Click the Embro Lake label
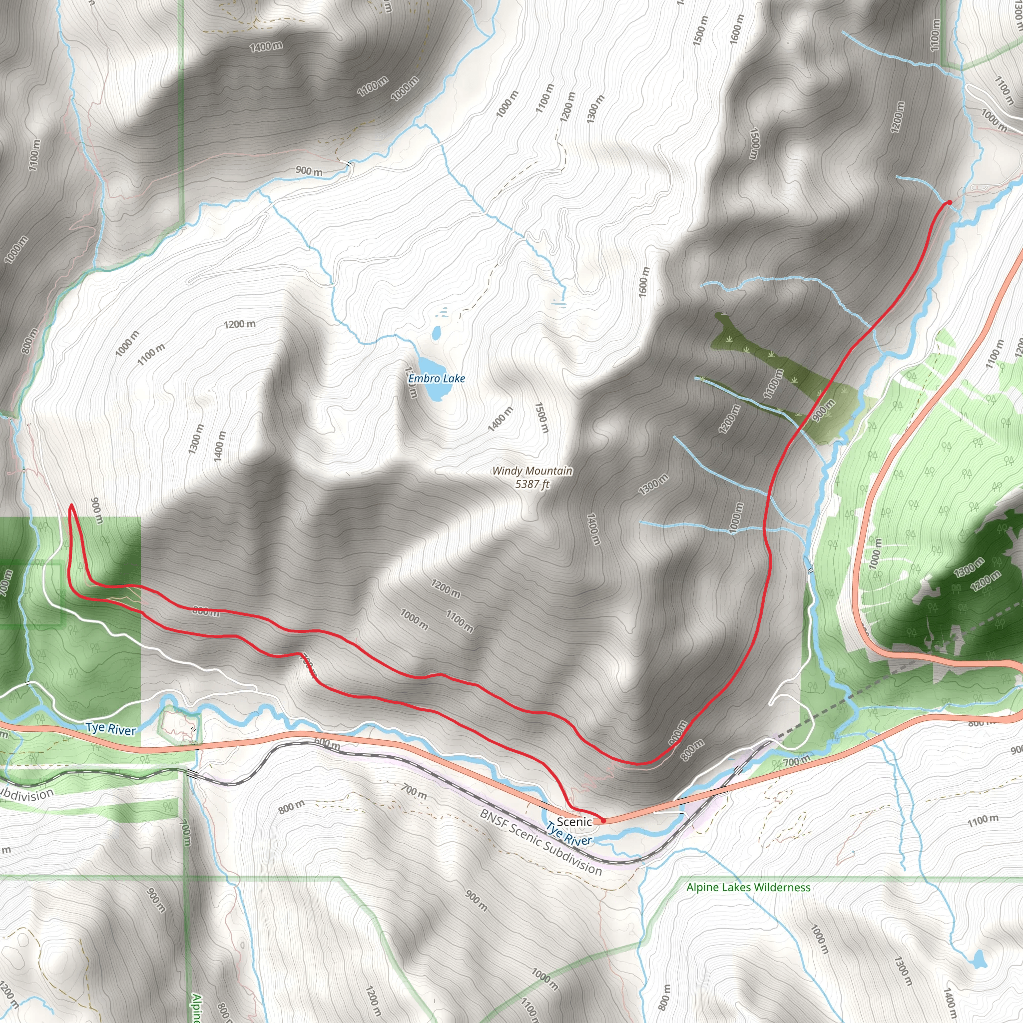(x=436, y=379)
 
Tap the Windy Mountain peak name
(x=532, y=471)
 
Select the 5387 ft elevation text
(x=532, y=484)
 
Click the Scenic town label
(x=574, y=821)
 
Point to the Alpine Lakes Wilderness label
(x=748, y=888)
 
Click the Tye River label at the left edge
(x=111, y=729)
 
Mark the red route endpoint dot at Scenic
(x=603, y=821)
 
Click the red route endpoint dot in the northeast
(x=949, y=202)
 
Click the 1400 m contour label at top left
(x=266, y=46)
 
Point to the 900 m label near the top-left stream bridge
(x=309, y=171)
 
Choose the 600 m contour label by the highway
(x=327, y=743)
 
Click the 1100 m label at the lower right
(x=983, y=820)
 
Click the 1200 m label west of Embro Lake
(x=239, y=324)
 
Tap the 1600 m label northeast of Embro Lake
(x=643, y=281)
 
